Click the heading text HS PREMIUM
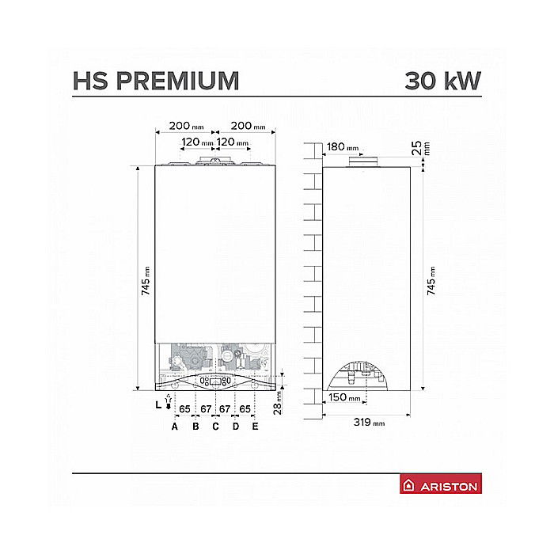pyautogui.click(x=155, y=81)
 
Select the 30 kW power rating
pyautogui.click(x=442, y=81)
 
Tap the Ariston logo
pyautogui.click(x=442, y=486)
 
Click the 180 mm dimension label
pyautogui.click(x=341, y=146)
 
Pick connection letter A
pyautogui.click(x=175, y=427)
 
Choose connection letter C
pyautogui.click(x=214, y=427)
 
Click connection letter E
pyautogui.click(x=255, y=427)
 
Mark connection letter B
pyautogui.click(x=195, y=427)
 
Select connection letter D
pyautogui.click(x=235, y=427)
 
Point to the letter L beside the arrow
pyautogui.click(x=158, y=404)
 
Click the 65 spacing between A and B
pyautogui.click(x=184, y=409)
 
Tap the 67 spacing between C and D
pyautogui.click(x=225, y=409)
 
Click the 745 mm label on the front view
pyautogui.click(x=146, y=280)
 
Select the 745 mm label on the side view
pyautogui.click(x=431, y=280)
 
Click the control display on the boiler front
pyautogui.click(x=215, y=381)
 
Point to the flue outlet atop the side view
pyautogui.click(x=365, y=163)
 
